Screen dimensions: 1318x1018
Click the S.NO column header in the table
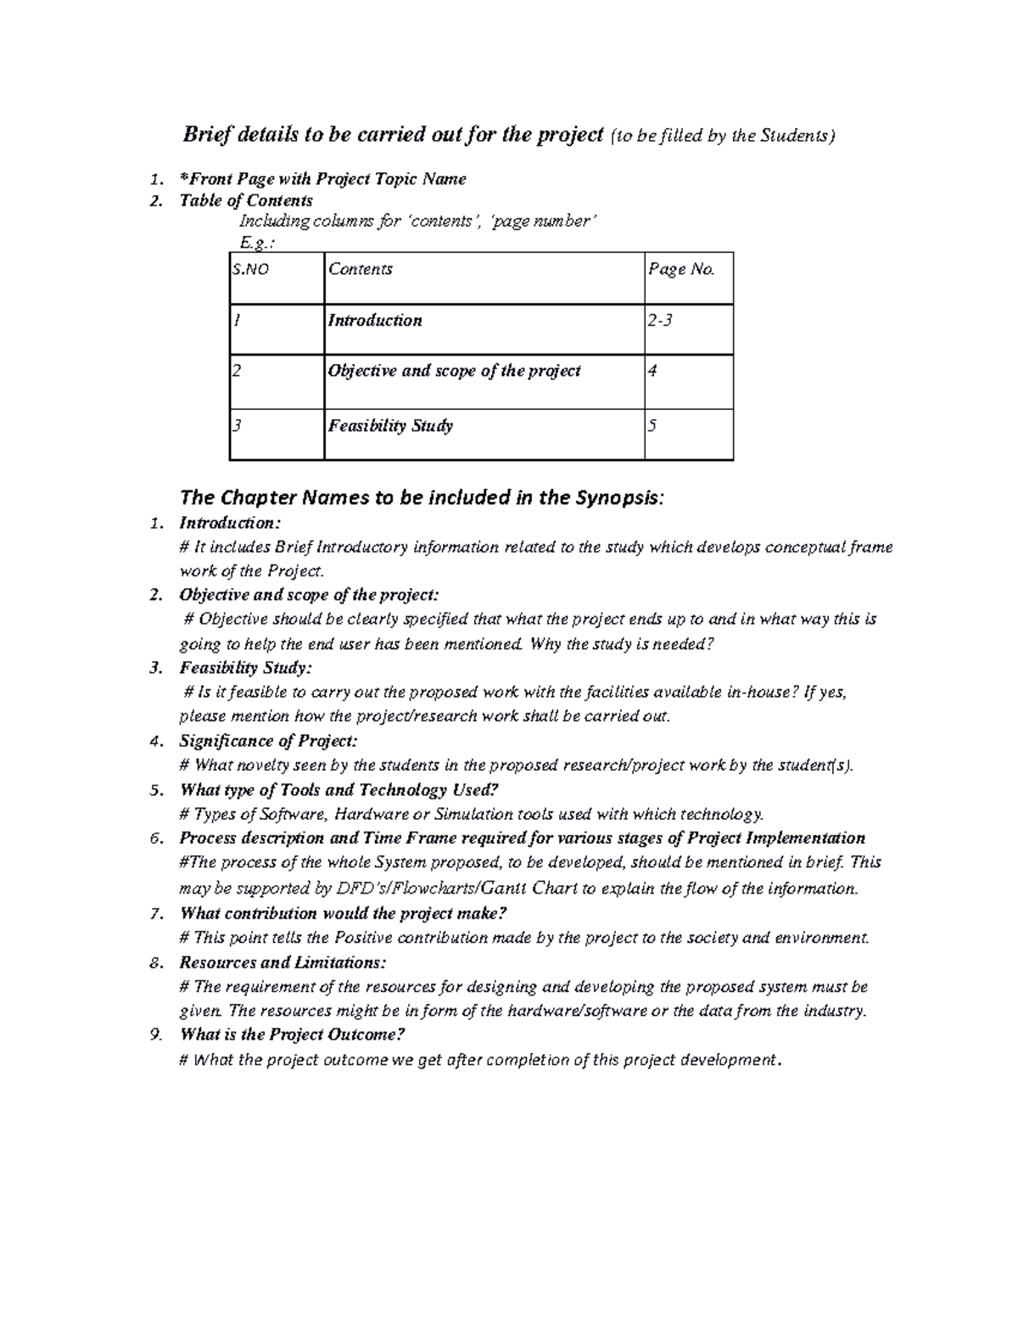251,270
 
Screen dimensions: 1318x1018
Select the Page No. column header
681,270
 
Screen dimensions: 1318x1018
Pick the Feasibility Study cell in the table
390,426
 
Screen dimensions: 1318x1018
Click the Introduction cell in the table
375,321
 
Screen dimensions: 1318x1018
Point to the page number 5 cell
652,426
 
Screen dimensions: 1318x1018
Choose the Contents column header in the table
361,270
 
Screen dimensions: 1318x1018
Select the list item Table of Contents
246,201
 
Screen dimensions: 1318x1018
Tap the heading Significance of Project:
268,741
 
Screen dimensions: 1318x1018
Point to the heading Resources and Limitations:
282,962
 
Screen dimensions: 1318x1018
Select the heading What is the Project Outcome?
293,1035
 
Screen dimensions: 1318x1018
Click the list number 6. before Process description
155,838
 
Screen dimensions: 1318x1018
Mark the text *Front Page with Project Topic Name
322,179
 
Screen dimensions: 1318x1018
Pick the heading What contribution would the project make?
344,913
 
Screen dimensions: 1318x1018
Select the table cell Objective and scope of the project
455,371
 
